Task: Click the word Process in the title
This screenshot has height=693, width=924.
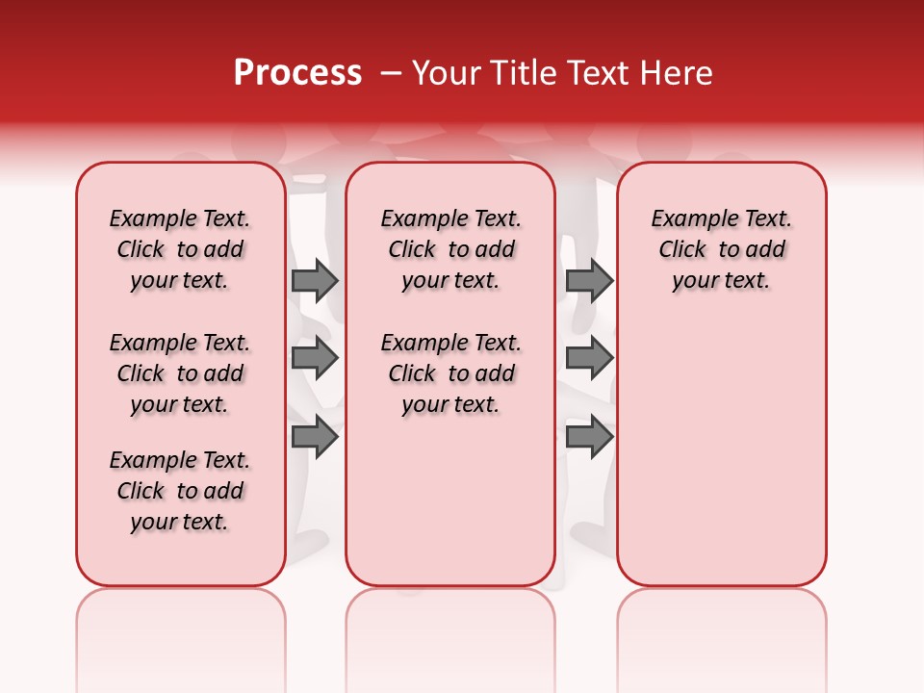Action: [297, 73]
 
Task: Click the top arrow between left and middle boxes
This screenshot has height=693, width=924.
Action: [315, 280]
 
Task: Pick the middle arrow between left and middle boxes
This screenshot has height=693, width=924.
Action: [315, 359]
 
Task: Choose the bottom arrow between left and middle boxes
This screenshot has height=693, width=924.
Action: [315, 437]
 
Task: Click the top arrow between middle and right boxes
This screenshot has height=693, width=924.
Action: [589, 280]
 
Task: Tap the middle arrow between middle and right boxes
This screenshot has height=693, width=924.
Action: [589, 359]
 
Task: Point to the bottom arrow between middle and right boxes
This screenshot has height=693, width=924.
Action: [589, 437]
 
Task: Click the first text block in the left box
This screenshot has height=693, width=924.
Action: [180, 249]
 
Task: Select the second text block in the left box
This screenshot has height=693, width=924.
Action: [180, 373]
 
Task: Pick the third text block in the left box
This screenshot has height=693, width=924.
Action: [180, 491]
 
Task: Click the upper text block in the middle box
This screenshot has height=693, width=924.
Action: [450, 249]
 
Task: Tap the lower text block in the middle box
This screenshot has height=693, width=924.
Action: [450, 373]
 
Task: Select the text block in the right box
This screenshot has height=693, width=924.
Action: [722, 249]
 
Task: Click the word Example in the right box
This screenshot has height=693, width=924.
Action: [686, 219]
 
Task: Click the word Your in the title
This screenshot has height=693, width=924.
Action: [443, 73]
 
